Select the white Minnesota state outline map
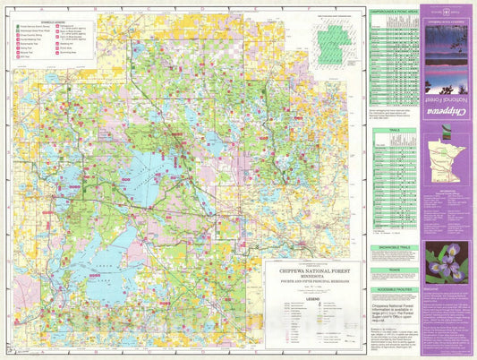point(447,163)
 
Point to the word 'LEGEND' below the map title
point(312,299)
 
